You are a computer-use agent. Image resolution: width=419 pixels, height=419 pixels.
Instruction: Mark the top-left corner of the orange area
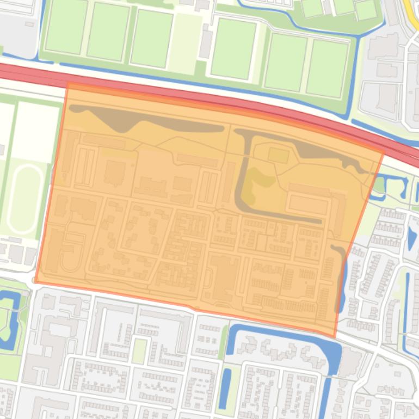click(x=68, y=84)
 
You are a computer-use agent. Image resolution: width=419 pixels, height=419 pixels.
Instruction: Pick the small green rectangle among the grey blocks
click(x=140, y=351)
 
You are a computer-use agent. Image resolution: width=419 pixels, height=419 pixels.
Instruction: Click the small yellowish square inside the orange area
click(x=278, y=155)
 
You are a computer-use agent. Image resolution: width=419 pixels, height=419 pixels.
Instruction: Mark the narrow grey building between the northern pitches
click(x=206, y=44)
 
